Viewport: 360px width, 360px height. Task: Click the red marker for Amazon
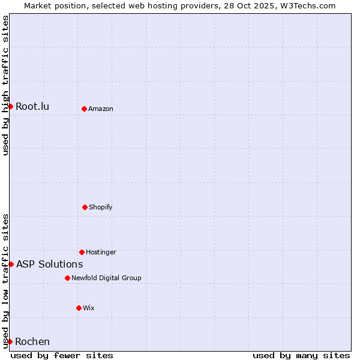coord(84,109)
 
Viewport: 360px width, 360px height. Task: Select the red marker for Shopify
coord(85,207)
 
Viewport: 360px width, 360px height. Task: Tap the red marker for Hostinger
coord(82,252)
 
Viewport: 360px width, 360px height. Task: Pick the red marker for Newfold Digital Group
coord(67,278)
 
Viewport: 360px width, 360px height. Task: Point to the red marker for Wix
coord(79,308)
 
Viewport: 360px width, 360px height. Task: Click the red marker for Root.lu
coord(10,106)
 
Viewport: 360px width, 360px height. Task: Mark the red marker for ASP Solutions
coord(11,264)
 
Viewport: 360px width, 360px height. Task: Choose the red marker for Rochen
coord(10,341)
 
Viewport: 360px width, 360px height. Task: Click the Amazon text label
coord(101,109)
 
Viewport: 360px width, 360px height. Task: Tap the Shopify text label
coord(101,207)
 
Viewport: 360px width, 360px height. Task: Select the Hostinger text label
coord(101,252)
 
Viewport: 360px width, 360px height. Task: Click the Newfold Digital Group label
coord(106,278)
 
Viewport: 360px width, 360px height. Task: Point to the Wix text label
coord(89,308)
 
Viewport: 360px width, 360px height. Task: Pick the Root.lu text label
coord(32,107)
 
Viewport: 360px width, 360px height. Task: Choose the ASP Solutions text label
coord(49,264)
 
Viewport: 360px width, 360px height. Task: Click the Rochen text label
coord(32,342)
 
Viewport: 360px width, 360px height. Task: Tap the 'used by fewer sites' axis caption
coord(62,355)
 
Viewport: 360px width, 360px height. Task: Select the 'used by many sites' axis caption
coord(301,355)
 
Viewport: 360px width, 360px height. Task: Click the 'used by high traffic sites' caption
coord(5,85)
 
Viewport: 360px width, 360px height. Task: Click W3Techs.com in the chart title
coord(307,5)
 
